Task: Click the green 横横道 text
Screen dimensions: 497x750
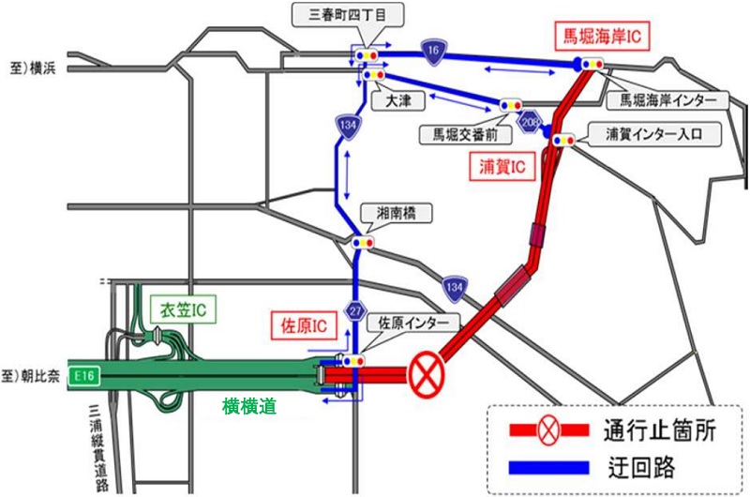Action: click(248, 406)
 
